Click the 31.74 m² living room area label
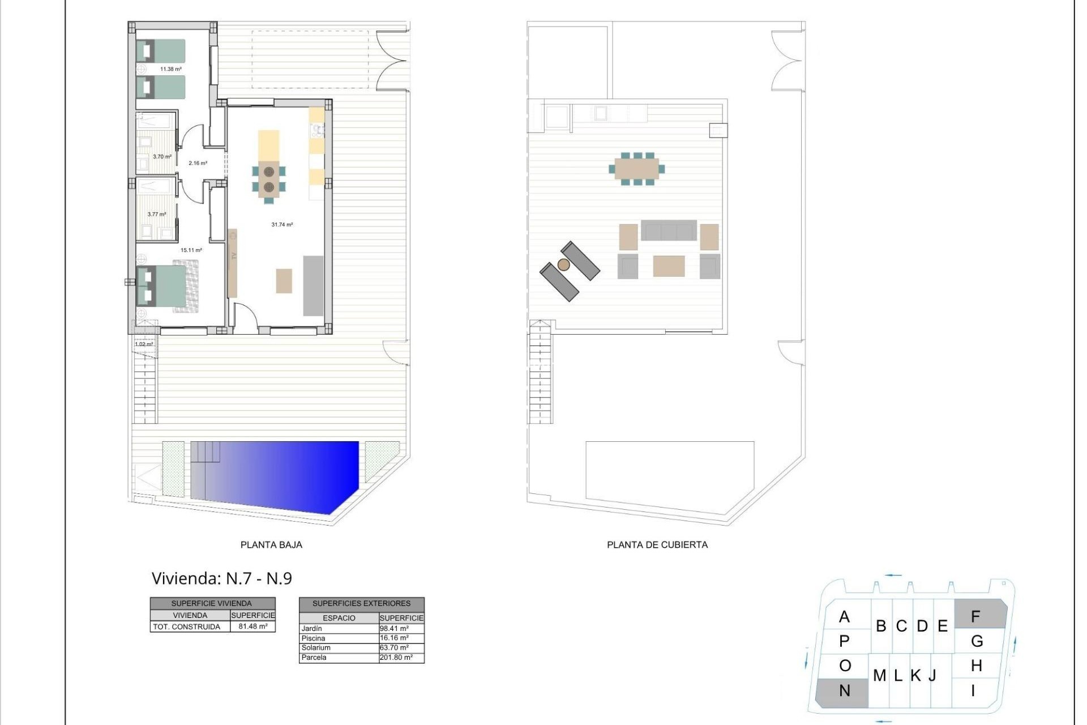(282, 225)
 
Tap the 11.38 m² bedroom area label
(170, 69)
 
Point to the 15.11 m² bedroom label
(191, 250)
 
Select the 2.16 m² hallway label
(198, 163)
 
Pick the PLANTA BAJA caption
(271, 545)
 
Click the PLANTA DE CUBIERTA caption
(657, 545)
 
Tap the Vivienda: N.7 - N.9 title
(221, 578)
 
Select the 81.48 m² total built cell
(253, 626)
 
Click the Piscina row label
(314, 638)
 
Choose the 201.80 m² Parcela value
(396, 658)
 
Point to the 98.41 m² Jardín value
(394, 629)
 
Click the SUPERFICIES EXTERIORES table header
(361, 604)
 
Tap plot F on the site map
(975, 616)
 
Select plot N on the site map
(844, 691)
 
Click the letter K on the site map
(915, 676)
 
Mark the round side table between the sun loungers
(563, 265)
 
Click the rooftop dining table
(637, 169)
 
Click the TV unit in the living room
(232, 263)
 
